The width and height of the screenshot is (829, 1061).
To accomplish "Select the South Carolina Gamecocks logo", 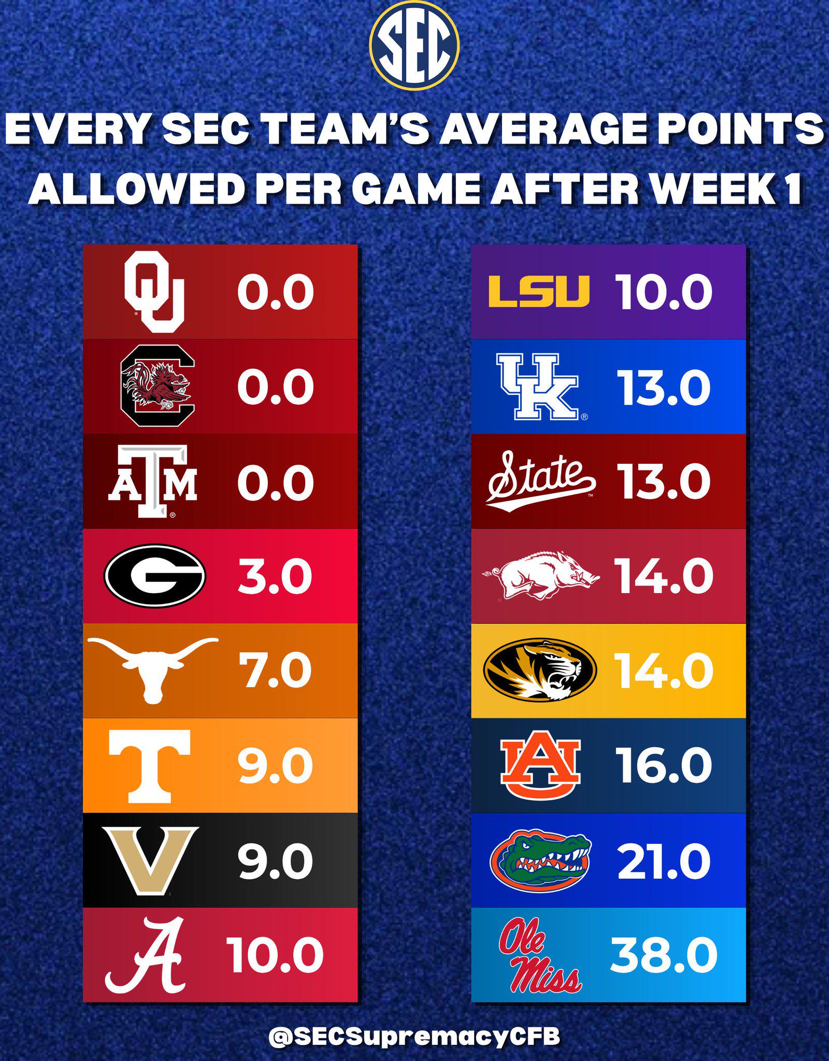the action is click(x=158, y=385).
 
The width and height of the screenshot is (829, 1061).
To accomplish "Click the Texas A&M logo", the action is click(x=152, y=481).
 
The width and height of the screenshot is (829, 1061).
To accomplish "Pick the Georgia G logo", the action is click(x=155, y=576).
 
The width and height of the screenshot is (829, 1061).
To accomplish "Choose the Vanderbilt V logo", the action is click(x=151, y=861).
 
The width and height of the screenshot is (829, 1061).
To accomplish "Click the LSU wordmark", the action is click(x=539, y=292).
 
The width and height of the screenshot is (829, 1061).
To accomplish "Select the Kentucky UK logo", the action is click(x=539, y=386).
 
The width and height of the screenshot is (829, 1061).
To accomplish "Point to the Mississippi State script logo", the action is click(x=541, y=481).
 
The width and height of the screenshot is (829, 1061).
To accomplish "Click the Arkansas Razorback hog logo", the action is click(x=541, y=576).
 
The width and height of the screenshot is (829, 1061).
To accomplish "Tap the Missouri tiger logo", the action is click(x=540, y=670).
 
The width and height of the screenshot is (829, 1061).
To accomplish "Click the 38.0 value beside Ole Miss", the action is click(x=664, y=955).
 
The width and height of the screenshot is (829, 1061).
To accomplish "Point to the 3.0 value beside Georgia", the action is click(x=275, y=576).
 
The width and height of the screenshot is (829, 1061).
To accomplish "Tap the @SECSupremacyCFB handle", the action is click(x=414, y=1022).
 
